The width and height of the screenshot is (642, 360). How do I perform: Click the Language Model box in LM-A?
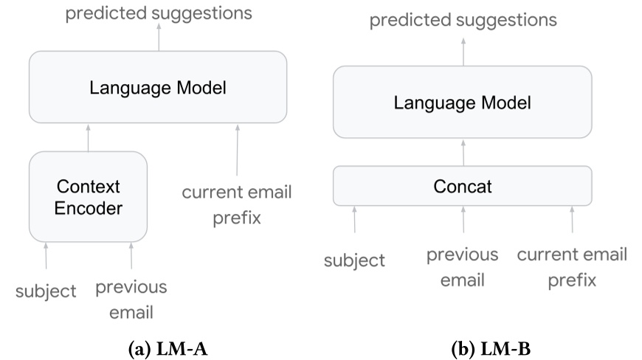[x=157, y=87]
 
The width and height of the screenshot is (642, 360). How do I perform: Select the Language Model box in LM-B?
[x=462, y=102]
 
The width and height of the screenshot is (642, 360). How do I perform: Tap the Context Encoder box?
[x=88, y=197]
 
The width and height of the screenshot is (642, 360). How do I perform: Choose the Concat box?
[x=462, y=186]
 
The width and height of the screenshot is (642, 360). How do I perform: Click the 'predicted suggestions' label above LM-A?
[x=158, y=13]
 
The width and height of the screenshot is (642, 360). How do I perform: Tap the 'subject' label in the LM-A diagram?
[x=46, y=291]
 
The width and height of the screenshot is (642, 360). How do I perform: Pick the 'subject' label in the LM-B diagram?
[x=354, y=260]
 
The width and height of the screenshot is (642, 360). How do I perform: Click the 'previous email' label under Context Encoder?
[x=131, y=300]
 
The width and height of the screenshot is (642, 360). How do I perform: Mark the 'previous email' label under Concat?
[x=463, y=267]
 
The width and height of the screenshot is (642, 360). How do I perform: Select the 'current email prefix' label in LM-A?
[x=237, y=205]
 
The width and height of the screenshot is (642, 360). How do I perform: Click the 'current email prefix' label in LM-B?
[x=572, y=267]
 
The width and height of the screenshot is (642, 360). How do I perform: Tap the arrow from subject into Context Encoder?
[x=46, y=257]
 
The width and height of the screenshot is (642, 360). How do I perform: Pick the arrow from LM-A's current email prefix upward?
[x=237, y=151]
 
